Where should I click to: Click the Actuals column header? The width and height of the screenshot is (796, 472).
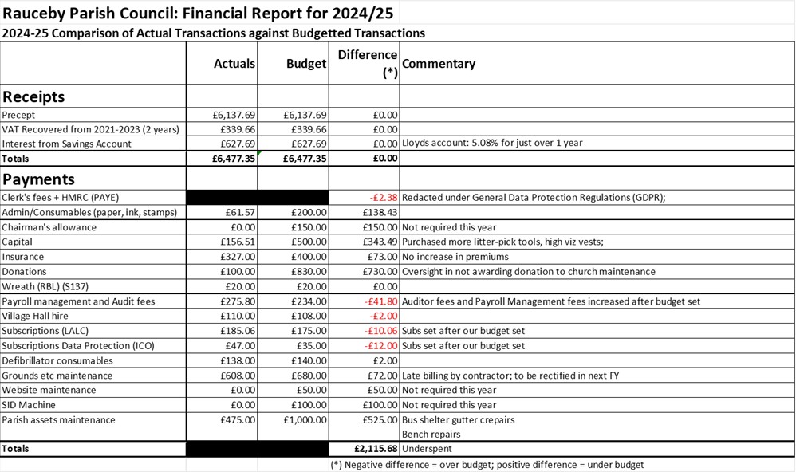pos(234,64)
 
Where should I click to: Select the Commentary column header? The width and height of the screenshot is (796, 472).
pos(439,64)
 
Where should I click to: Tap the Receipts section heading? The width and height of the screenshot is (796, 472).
pos(33,97)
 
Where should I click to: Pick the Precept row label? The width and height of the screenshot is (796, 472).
pos(18,115)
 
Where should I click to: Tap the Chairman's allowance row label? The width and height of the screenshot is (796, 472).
pos(49,227)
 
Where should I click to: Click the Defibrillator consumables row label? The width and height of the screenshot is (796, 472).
pos(57,360)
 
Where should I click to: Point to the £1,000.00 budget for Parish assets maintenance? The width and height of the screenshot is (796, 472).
pos(302,419)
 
